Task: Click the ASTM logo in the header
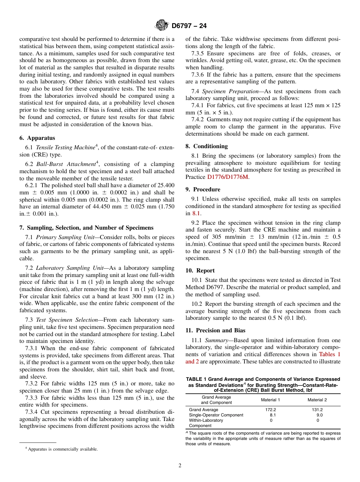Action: (162, 26)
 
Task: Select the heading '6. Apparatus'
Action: (37, 138)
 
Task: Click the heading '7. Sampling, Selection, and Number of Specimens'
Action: (86, 228)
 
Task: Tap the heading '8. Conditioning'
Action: (207, 146)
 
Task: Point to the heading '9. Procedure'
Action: (203, 189)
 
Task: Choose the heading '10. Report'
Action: (200, 271)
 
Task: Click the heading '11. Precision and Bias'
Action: (215, 330)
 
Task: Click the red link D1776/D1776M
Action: (228, 177)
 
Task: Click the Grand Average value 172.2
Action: (271, 410)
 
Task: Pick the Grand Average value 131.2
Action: (317, 410)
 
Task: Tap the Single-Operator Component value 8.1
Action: (272, 415)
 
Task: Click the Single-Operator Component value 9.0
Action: (319, 415)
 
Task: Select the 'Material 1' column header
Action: (271, 400)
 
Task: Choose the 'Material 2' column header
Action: (317, 400)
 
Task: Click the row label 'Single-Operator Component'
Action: (216, 415)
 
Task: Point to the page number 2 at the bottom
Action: (180, 466)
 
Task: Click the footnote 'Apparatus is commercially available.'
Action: (63, 449)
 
